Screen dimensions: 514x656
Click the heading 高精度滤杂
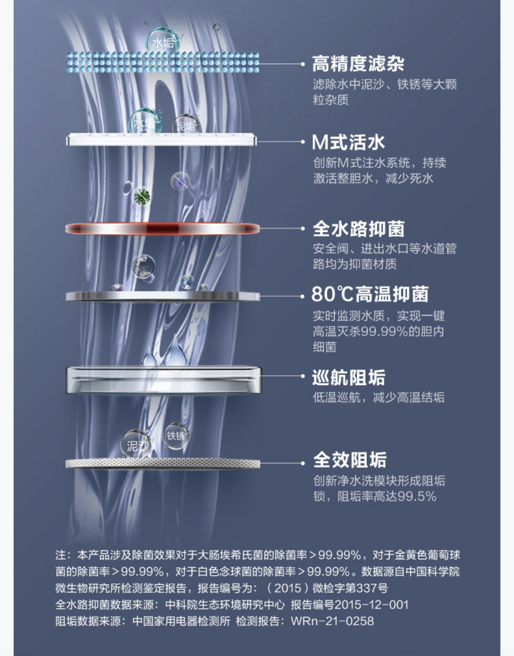pyautogui.click(x=358, y=64)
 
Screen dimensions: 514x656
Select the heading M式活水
pyautogui.click(x=348, y=142)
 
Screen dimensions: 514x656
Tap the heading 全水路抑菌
pyautogui.click(x=358, y=229)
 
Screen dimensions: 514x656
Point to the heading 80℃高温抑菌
pyautogui.click(x=369, y=295)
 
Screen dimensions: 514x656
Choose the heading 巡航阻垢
pyautogui.click(x=348, y=378)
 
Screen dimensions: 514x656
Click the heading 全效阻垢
pyautogui.click(x=350, y=460)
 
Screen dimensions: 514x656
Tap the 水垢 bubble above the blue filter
pyautogui.click(x=163, y=41)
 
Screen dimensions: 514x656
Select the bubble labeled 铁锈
pyautogui.click(x=176, y=436)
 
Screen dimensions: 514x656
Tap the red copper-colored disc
pyautogui.click(x=163, y=229)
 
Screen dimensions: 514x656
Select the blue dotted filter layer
pyautogui.click(x=163, y=62)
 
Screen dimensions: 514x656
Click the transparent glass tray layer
pyautogui.click(x=163, y=380)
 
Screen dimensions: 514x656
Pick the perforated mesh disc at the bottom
pyautogui.click(x=163, y=463)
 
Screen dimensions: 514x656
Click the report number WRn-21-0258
pyautogui.click(x=332, y=621)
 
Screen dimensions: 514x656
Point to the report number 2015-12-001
pyautogui.click(x=371, y=605)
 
